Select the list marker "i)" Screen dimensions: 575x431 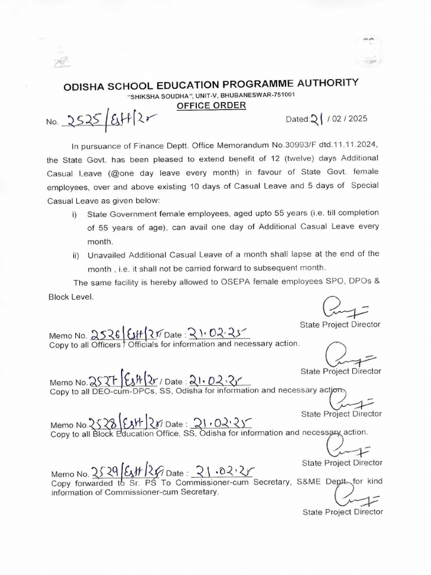pyautogui.click(x=74, y=213)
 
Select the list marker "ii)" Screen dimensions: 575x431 pyautogui.click(x=75, y=255)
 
